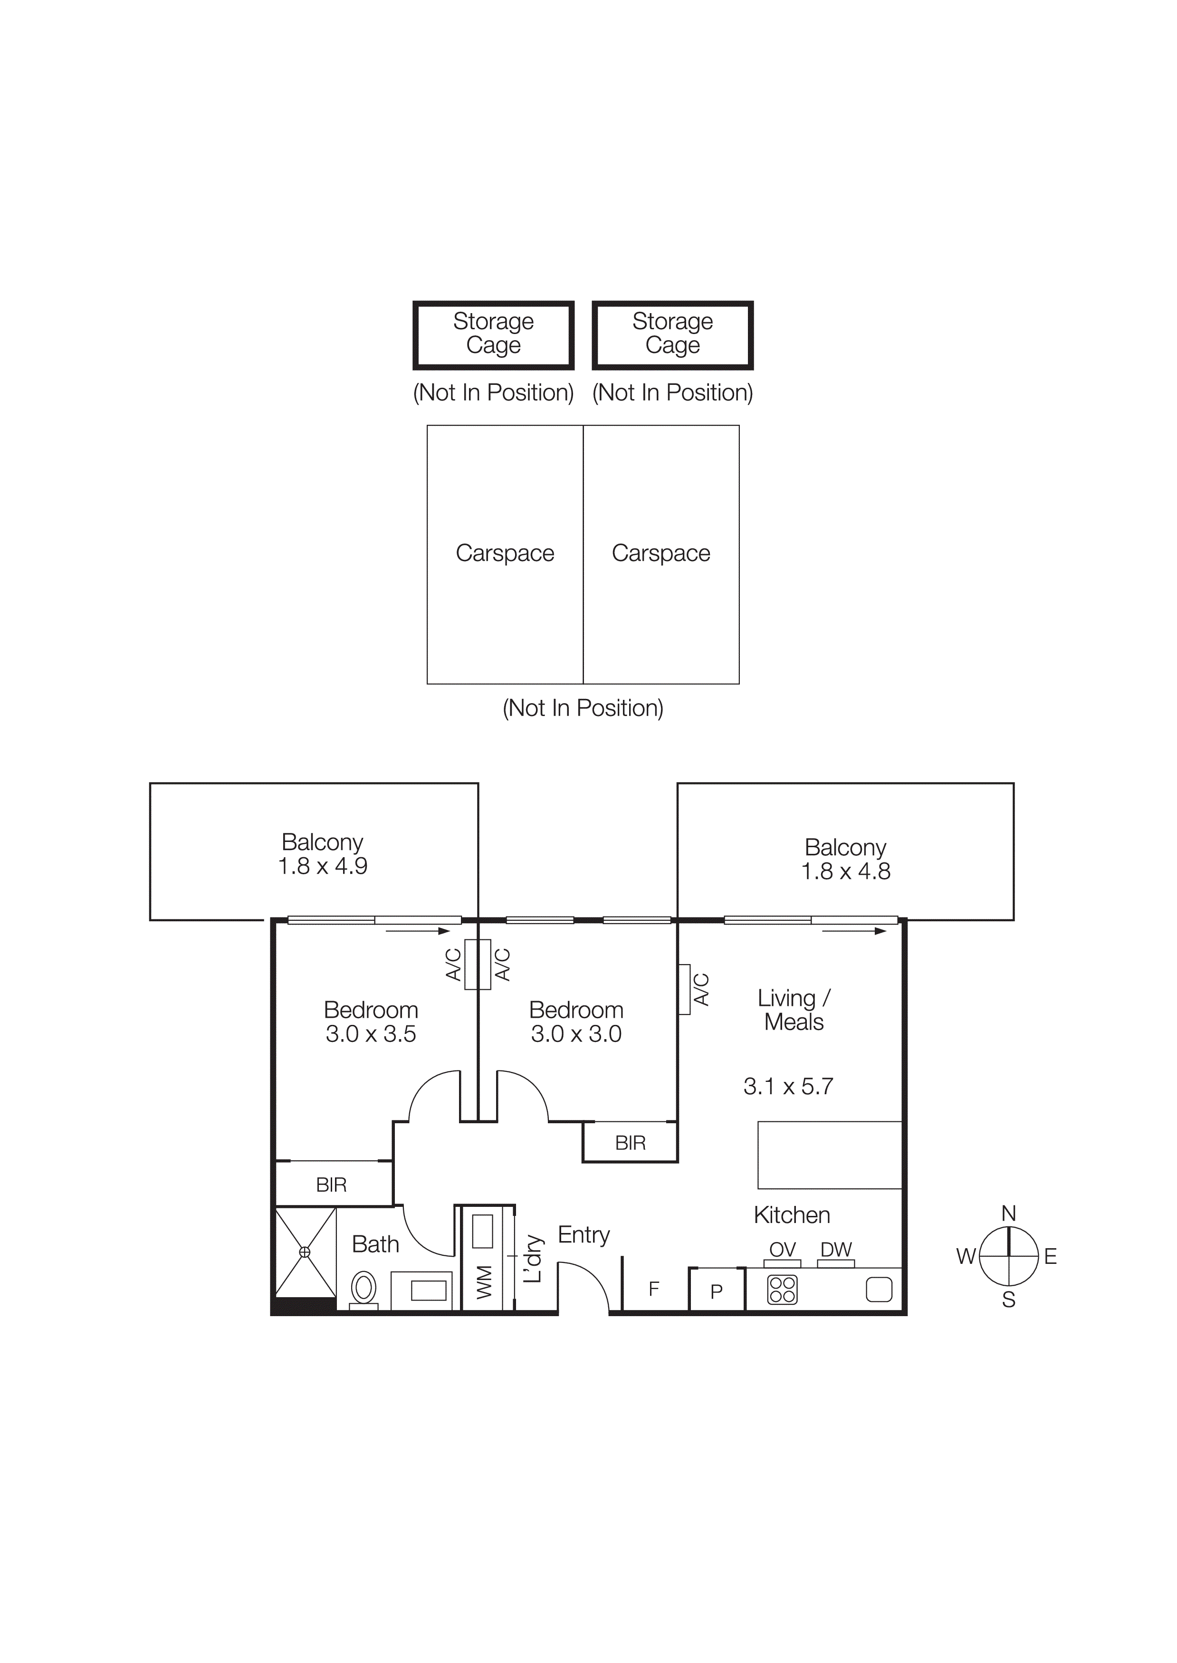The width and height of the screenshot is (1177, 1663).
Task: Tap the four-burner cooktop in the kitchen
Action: point(782,1290)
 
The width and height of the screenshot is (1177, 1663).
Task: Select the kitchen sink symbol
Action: point(879,1290)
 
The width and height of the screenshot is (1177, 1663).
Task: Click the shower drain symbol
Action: point(305,1252)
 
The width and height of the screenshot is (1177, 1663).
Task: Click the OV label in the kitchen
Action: point(782,1249)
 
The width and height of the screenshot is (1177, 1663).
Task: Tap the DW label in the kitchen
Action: point(836,1249)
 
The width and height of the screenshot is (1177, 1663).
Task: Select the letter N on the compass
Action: point(1008,1213)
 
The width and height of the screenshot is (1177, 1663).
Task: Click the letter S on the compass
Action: point(1008,1300)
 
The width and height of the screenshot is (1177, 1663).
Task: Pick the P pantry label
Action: point(716,1291)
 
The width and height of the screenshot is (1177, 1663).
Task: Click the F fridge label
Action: point(654,1289)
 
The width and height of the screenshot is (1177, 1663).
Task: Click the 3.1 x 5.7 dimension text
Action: point(788,1086)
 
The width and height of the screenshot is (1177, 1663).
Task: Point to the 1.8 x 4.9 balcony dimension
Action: point(323,866)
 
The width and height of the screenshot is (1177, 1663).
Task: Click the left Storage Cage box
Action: point(494,335)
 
